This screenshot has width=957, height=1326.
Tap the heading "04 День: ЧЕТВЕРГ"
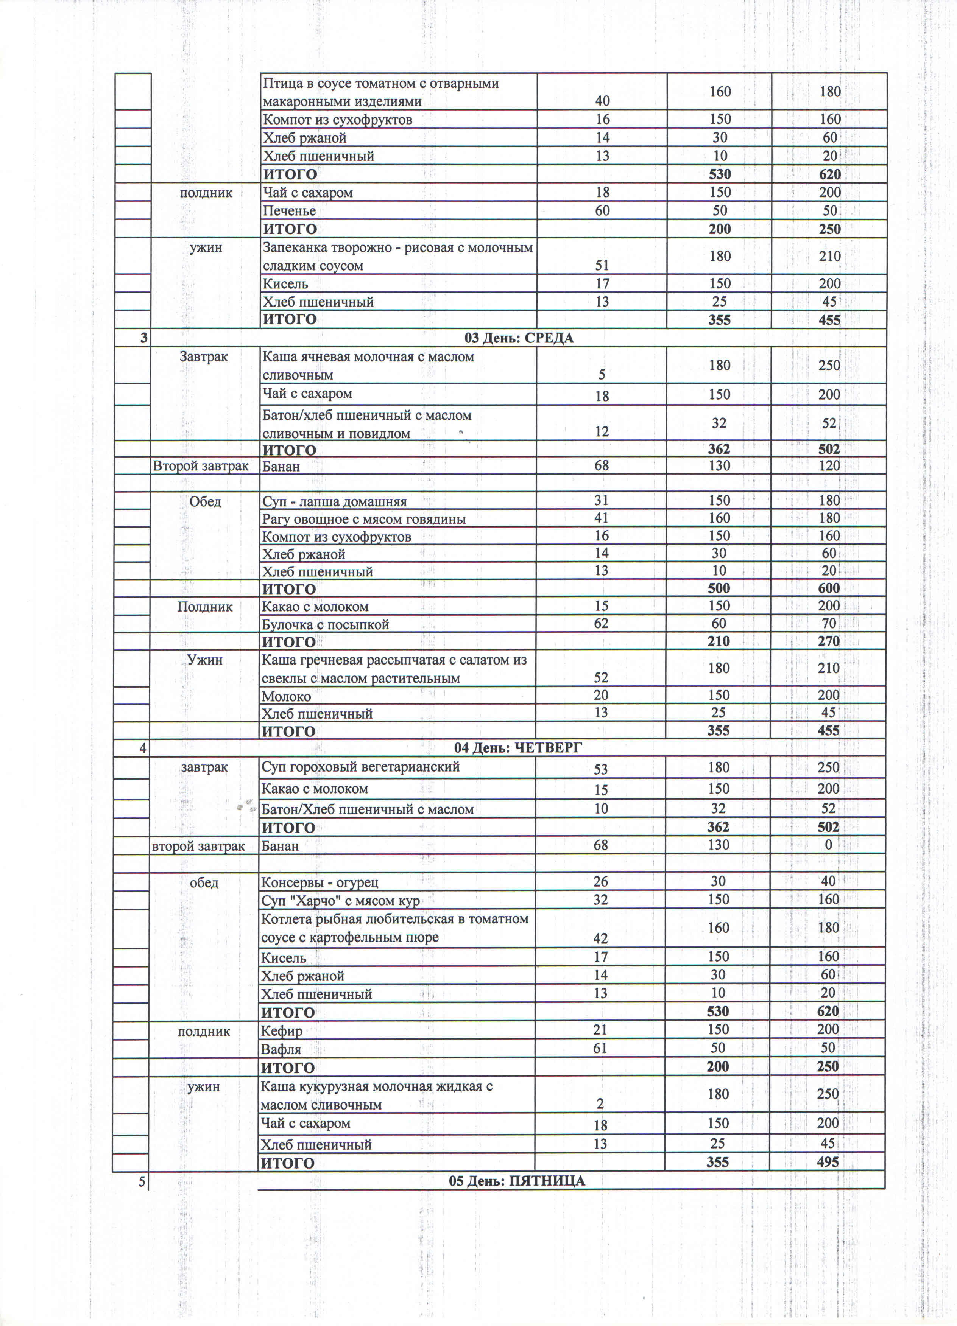point(518,748)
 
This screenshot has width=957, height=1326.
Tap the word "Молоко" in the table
point(286,696)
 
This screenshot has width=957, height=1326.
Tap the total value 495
point(828,1162)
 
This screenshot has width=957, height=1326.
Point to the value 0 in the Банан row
point(828,845)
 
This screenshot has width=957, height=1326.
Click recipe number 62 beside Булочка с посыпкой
point(601,624)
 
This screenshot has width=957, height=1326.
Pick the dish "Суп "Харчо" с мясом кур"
point(340,900)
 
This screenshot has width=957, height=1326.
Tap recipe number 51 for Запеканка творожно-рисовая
point(602,265)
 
